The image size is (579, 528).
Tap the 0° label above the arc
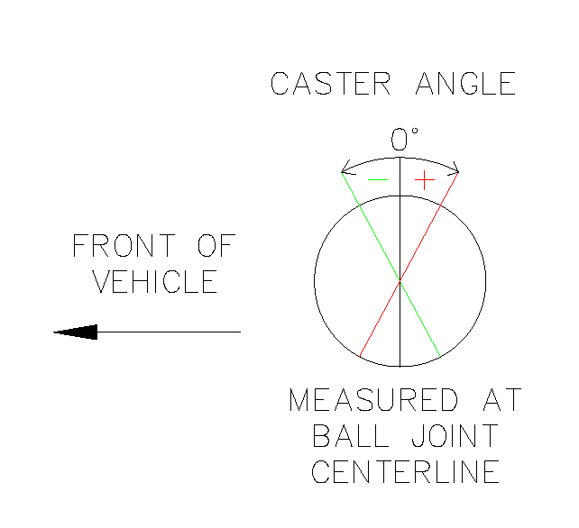404,140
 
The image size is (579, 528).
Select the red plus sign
424,180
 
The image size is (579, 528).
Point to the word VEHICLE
155,282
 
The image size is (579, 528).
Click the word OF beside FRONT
216,245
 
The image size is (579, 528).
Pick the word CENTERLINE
405,472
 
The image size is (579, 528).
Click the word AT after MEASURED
497,400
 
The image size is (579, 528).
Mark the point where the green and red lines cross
400,281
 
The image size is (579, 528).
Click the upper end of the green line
342,173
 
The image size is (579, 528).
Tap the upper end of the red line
458,172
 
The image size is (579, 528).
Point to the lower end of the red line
360,356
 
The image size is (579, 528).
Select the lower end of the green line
439,355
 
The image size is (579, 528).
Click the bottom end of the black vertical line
400,367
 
